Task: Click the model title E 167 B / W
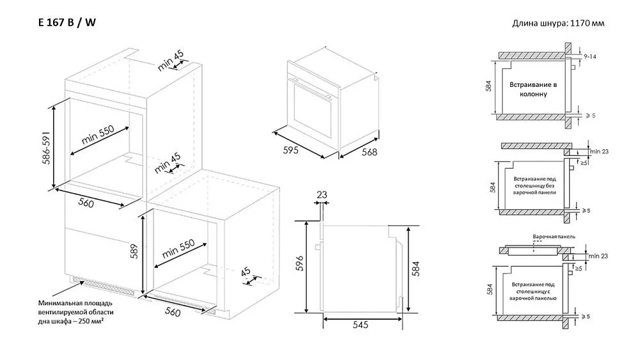pos(67,22)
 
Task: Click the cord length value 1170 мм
pos(587,23)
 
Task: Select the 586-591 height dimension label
pos(46,148)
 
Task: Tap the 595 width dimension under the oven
pos(291,150)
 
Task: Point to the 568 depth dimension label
pos(370,152)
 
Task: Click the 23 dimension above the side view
pos(322,194)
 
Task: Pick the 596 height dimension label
pos(300,263)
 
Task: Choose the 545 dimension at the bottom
pos(361,325)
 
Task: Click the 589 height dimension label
pos(134,251)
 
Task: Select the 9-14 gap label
pos(589,57)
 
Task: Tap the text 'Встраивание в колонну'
pos(533,90)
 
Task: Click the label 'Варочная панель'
pos(554,237)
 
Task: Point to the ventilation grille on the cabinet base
pos(104,285)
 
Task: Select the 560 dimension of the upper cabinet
pos(86,202)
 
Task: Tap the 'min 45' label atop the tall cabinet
pos(171,61)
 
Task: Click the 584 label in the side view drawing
pos(416,269)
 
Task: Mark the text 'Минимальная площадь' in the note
pos(75,303)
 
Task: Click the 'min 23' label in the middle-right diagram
pos(599,152)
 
